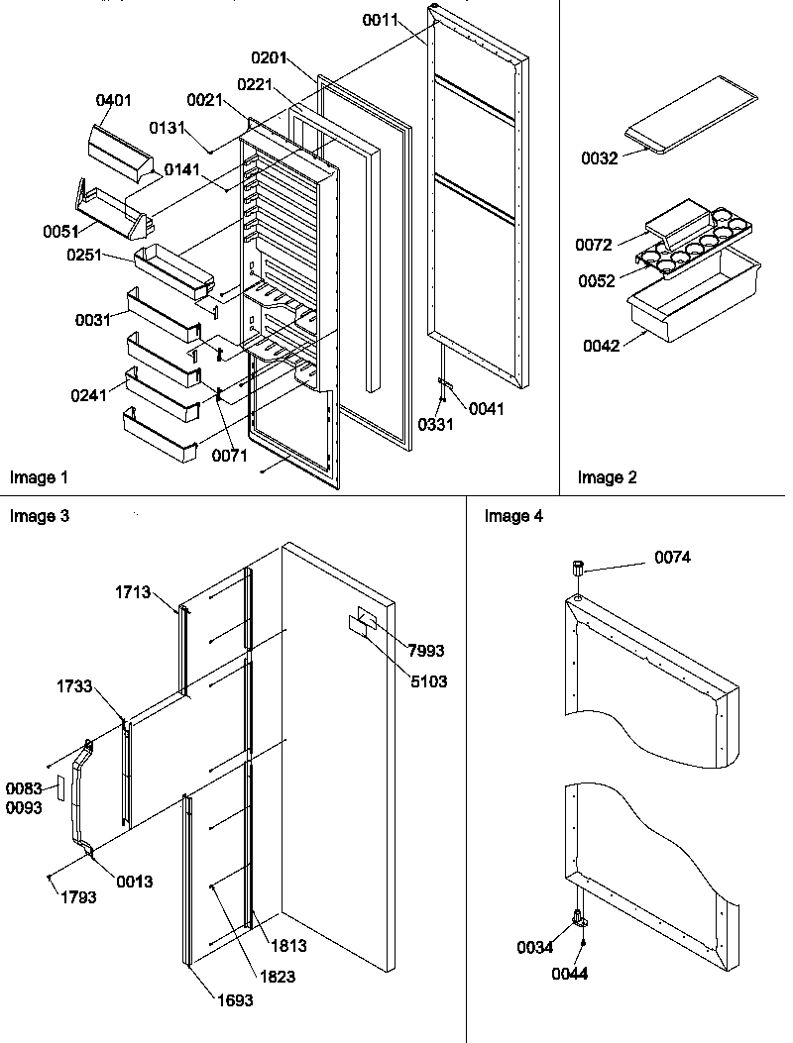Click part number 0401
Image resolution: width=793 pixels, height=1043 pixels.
coord(114,101)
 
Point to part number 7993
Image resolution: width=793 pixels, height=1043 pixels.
coord(425,651)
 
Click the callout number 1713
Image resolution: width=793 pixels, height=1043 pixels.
coord(132,592)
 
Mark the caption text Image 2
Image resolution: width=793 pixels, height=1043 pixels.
coord(608,477)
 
